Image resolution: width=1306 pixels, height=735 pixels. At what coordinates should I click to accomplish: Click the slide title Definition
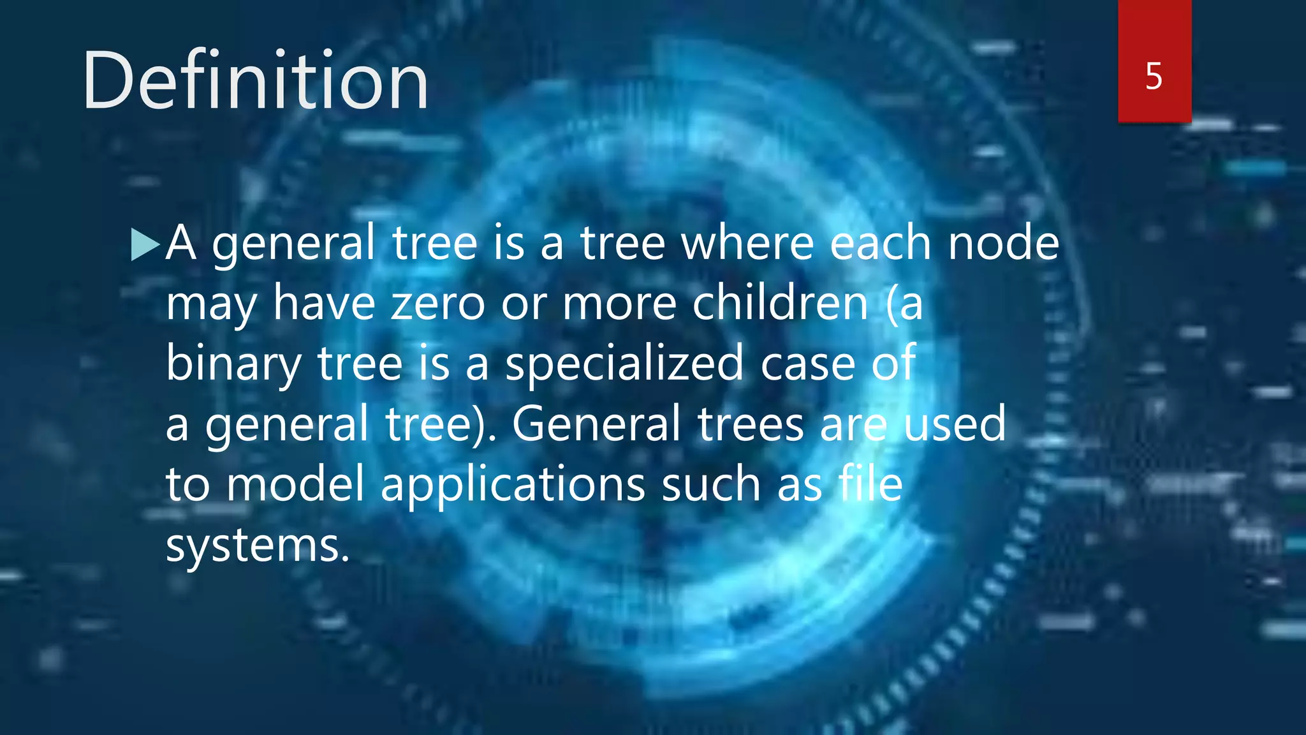(x=255, y=82)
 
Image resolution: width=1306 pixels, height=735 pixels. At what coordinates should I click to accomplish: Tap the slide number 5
(x=1154, y=77)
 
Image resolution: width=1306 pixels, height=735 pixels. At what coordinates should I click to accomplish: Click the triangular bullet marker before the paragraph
(x=144, y=245)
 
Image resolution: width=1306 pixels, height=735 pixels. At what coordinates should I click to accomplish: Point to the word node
(x=1003, y=244)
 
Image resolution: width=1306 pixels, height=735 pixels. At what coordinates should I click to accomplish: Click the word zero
(x=438, y=304)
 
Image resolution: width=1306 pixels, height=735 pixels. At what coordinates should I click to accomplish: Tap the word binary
(x=233, y=364)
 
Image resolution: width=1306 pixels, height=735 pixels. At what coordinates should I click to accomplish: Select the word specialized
(x=624, y=364)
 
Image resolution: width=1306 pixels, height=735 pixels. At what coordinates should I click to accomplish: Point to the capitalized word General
(x=596, y=424)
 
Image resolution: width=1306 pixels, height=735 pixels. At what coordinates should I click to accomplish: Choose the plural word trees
(x=751, y=425)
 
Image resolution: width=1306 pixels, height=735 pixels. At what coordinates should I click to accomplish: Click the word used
(x=955, y=424)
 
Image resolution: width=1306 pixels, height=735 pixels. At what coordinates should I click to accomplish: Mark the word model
(x=295, y=484)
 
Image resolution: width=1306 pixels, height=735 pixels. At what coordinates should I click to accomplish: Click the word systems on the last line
(x=258, y=546)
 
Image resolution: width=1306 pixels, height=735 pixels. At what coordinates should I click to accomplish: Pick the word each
(x=880, y=244)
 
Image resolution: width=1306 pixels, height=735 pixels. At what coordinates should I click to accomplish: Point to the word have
(x=324, y=304)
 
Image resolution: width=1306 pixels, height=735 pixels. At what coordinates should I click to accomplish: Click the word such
(x=711, y=484)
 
